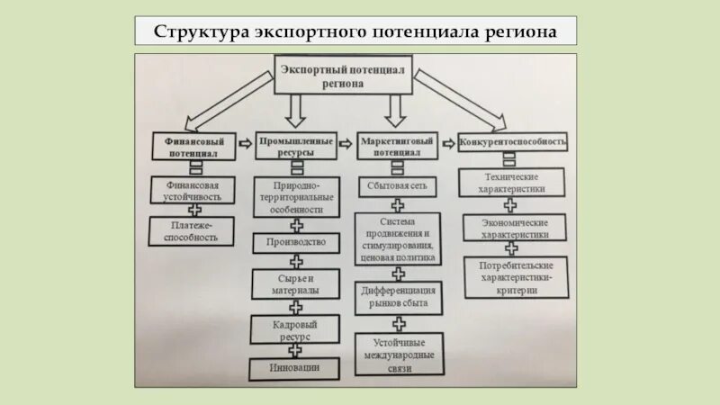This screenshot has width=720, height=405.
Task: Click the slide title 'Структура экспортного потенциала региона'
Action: [x=355, y=31]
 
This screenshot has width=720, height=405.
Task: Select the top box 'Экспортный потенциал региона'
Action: [x=342, y=76]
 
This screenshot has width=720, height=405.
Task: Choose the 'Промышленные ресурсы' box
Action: [x=296, y=148]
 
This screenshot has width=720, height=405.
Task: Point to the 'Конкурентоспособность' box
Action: [x=514, y=142]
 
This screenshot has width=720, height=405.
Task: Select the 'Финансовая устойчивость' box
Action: [x=193, y=188]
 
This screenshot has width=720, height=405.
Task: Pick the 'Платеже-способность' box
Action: [x=192, y=230]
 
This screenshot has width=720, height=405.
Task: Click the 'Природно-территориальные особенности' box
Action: [x=296, y=196]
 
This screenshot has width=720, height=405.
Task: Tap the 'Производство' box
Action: [x=296, y=242]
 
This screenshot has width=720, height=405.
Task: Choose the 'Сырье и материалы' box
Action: [x=296, y=284]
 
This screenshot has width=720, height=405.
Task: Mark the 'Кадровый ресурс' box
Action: [x=296, y=328]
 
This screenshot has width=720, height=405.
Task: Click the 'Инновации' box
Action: [x=294, y=368]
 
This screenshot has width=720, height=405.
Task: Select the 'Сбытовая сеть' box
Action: [x=397, y=187]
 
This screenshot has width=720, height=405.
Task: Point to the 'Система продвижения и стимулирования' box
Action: [x=397, y=238]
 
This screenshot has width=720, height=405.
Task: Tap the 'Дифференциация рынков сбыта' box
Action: [x=397, y=297]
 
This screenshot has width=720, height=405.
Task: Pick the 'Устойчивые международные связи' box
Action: [x=397, y=350]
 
